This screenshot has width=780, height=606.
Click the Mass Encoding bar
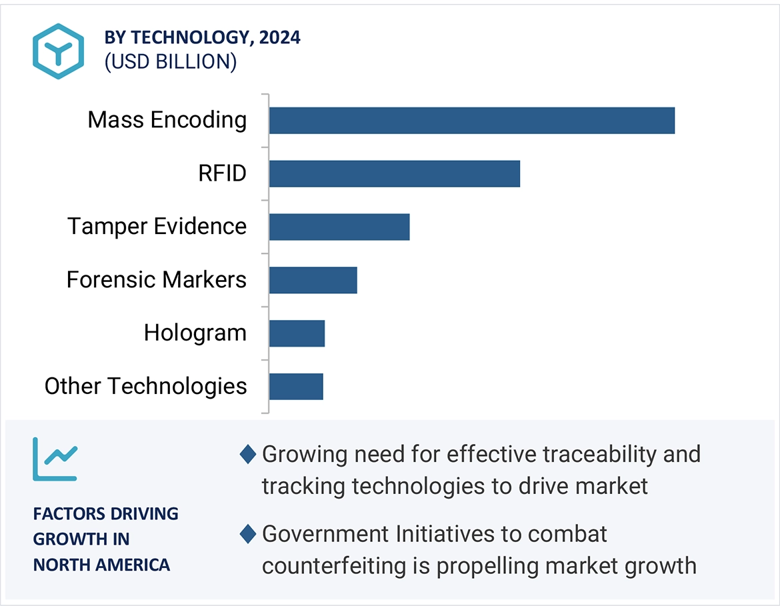472,121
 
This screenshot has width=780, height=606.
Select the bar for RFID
395,174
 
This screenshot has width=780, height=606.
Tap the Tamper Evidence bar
339,227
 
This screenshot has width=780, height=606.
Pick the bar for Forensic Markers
313,280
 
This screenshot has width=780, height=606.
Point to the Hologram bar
297,333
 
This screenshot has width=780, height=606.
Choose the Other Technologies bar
296,387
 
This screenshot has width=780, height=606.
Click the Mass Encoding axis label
167,121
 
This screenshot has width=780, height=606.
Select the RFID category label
222,174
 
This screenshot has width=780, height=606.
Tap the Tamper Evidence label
157,227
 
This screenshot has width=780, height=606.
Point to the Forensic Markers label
157,280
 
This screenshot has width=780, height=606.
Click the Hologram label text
195,333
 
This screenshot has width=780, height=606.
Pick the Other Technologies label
146,387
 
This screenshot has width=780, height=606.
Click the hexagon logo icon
59,51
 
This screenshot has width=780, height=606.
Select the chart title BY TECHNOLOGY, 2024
202,38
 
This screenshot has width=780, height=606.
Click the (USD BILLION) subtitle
170,62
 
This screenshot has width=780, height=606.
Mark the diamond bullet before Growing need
248,455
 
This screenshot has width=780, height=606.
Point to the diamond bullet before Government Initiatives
248,534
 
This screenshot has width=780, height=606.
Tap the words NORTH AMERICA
101,565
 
